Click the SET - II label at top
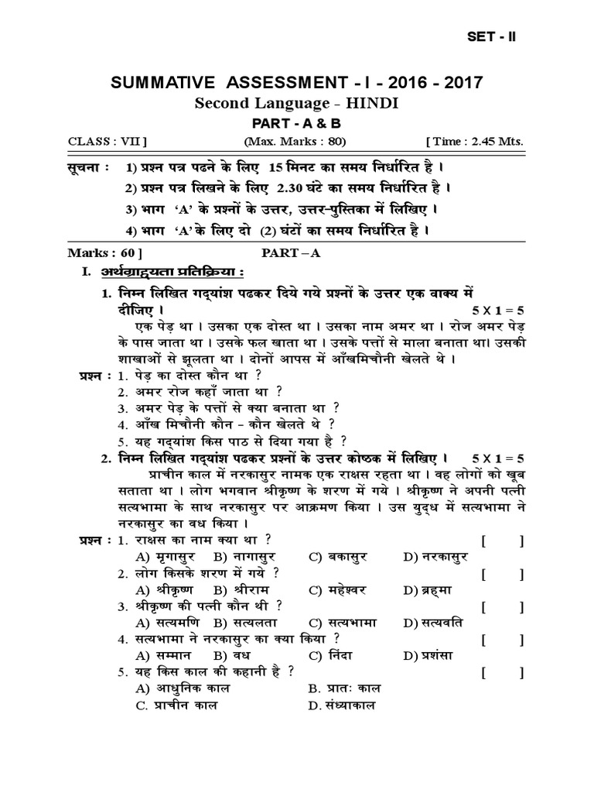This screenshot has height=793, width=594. coord(492,37)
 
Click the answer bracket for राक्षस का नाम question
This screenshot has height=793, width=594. coord(502,541)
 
